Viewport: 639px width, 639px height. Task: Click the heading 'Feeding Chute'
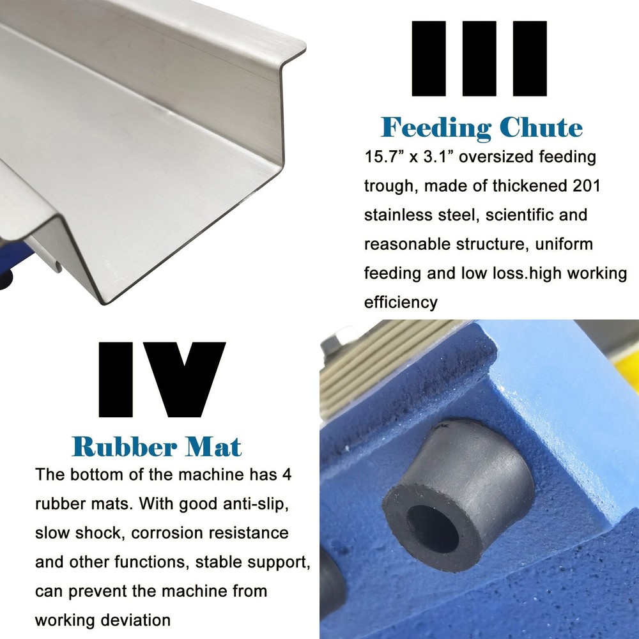[x=482, y=127]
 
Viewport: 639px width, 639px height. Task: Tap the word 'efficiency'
[x=401, y=302]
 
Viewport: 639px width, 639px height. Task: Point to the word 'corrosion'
[x=165, y=532]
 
